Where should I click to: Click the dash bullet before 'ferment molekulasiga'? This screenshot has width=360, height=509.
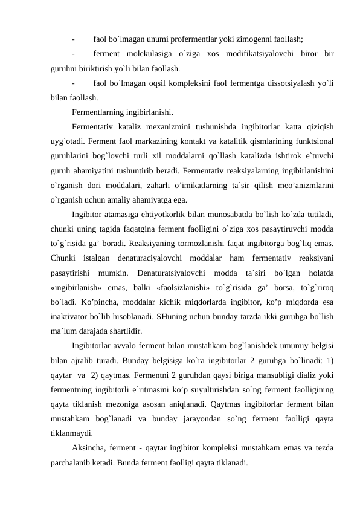pyautogui.click(x=73, y=53)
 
